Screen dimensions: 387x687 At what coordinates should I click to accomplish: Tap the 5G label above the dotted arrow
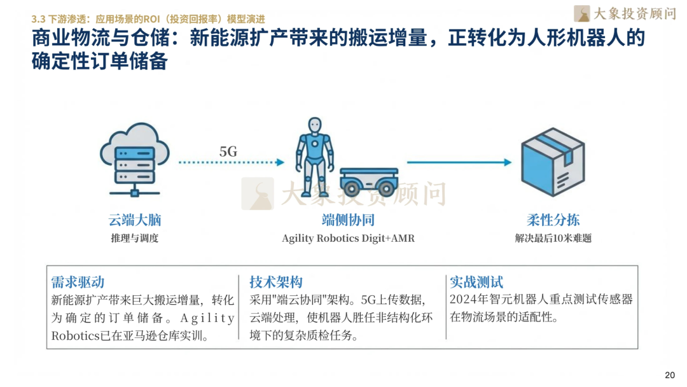pos(228,151)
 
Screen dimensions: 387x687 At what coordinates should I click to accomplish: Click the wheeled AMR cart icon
pos(368,180)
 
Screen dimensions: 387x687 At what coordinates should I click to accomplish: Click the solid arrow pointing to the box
pos(459,163)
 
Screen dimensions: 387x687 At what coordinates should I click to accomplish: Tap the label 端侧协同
pos(347,220)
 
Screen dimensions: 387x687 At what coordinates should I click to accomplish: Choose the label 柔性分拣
pos(553,220)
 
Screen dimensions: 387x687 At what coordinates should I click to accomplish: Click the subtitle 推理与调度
pos(134,239)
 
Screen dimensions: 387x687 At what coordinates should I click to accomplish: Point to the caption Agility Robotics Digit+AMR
pos(348,239)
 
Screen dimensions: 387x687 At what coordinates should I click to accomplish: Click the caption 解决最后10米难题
pos(553,239)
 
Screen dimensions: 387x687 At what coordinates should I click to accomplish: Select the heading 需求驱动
pos(78,282)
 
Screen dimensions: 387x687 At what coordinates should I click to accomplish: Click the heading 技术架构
pos(275,282)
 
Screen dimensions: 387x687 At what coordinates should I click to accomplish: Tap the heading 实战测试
pos(476,282)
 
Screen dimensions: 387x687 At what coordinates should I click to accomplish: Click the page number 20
pos(669,375)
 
